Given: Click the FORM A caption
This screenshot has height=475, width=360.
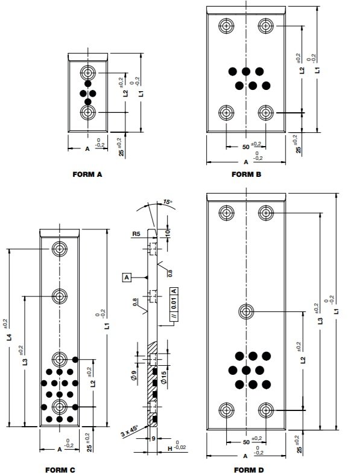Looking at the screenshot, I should pyautogui.click(x=87, y=174).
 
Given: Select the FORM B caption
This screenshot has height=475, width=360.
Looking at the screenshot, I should pyautogui.click(x=246, y=174).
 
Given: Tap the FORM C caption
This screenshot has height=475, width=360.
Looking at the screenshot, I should pyautogui.click(x=60, y=468).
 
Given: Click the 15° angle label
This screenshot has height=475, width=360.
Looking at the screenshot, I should pyautogui.click(x=166, y=202).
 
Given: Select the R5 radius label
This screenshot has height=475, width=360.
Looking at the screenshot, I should pyautogui.click(x=137, y=233).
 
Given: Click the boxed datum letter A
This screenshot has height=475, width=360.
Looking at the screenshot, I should pyautogui.click(x=127, y=278).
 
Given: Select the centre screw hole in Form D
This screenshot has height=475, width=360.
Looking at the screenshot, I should pyautogui.click(x=246, y=311).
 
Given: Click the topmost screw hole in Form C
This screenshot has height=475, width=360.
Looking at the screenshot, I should pyautogui.click(x=60, y=249).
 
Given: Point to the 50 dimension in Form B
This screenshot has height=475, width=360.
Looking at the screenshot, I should pyautogui.click(x=245, y=147).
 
